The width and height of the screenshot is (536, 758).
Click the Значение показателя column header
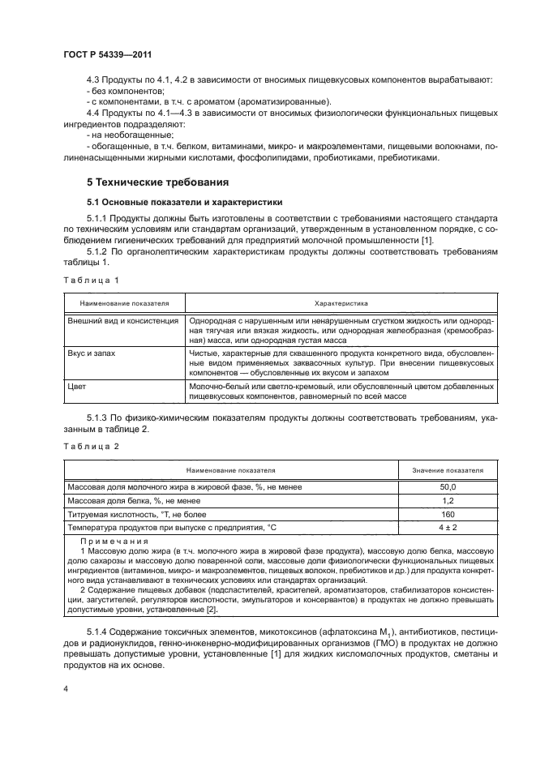point(448,469)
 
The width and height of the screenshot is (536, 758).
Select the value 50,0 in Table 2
point(448,486)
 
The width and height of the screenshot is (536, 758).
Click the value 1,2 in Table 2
point(448,500)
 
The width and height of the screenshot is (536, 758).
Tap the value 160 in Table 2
point(448,515)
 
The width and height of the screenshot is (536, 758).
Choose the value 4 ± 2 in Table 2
point(448,529)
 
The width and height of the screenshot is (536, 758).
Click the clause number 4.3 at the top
point(93,79)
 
